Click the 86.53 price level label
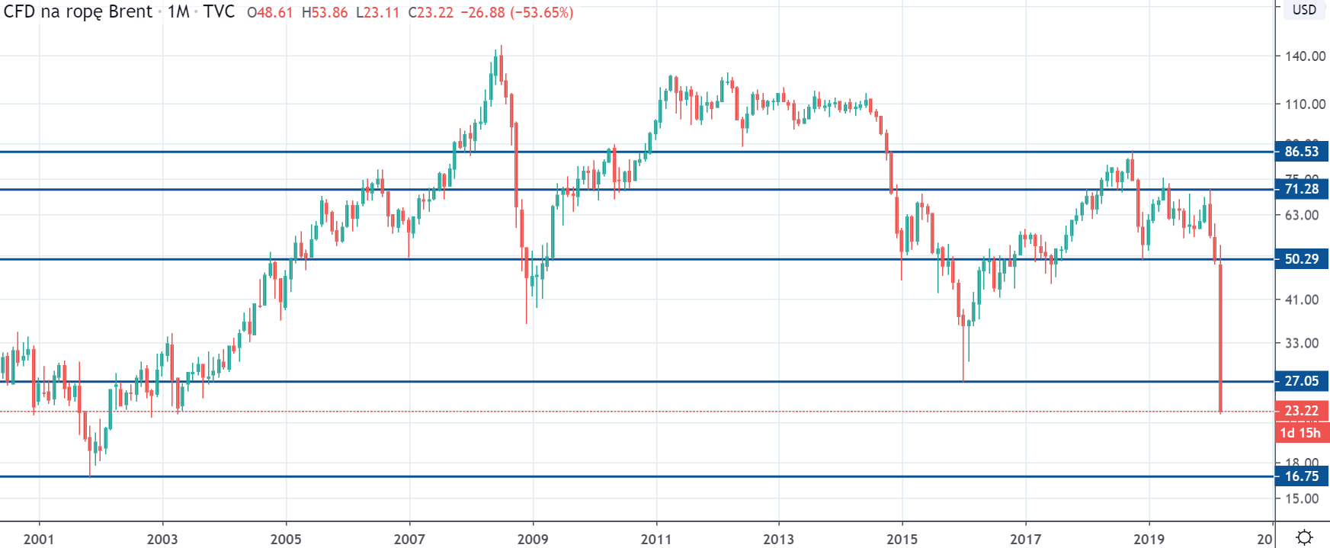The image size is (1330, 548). pos(1301,152)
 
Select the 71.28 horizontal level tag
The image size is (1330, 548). pos(1301,189)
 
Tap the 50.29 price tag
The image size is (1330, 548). pos(1301,259)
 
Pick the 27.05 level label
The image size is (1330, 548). pos(1301,381)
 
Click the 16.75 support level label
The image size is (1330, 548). pos(1301,476)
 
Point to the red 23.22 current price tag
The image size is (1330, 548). pos(1301,411)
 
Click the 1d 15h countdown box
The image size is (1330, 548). pos(1300,433)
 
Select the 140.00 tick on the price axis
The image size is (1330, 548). pos(1305,56)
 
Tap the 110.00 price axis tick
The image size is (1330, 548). pos(1305,104)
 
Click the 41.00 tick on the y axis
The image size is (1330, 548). pos(1302,300)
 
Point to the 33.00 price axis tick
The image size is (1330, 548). pos(1302,344)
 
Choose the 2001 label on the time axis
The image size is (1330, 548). pos(39,540)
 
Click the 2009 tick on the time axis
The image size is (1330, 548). pos(533,540)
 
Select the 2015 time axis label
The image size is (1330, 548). pos(902,540)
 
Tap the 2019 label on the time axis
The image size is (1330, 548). pos(1149,540)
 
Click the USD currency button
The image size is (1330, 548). pos(1304,10)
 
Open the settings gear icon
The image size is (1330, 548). pos(1304,537)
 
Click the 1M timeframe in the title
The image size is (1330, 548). pos(178,12)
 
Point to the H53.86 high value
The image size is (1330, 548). pos(325,13)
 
